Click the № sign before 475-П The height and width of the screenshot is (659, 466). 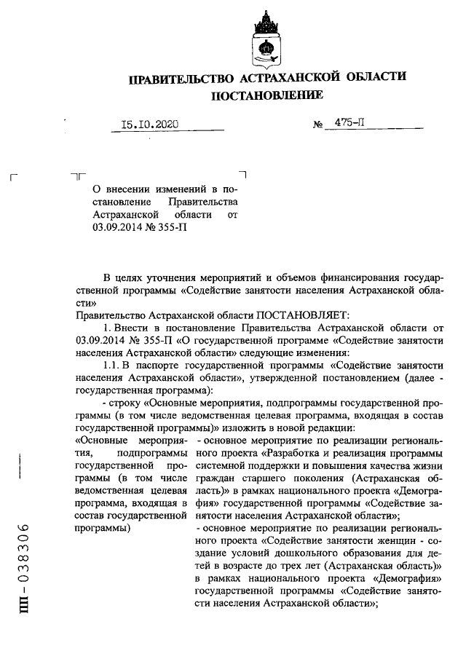click(x=318, y=125)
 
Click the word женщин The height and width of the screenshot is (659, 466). click(x=388, y=541)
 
